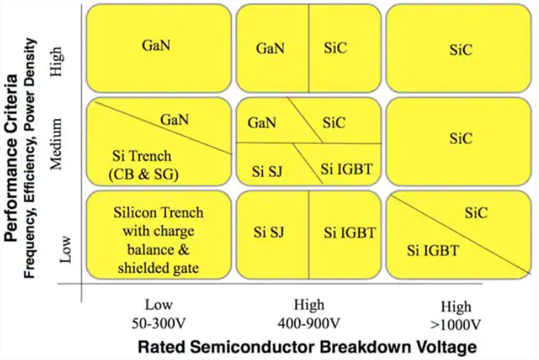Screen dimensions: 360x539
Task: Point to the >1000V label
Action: (x=456, y=325)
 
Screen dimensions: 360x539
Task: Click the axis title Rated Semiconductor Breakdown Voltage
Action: (x=307, y=347)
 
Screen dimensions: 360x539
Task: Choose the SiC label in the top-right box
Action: (x=460, y=49)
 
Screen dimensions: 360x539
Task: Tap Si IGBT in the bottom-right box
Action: (x=433, y=249)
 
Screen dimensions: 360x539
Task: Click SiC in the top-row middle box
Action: (x=334, y=49)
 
